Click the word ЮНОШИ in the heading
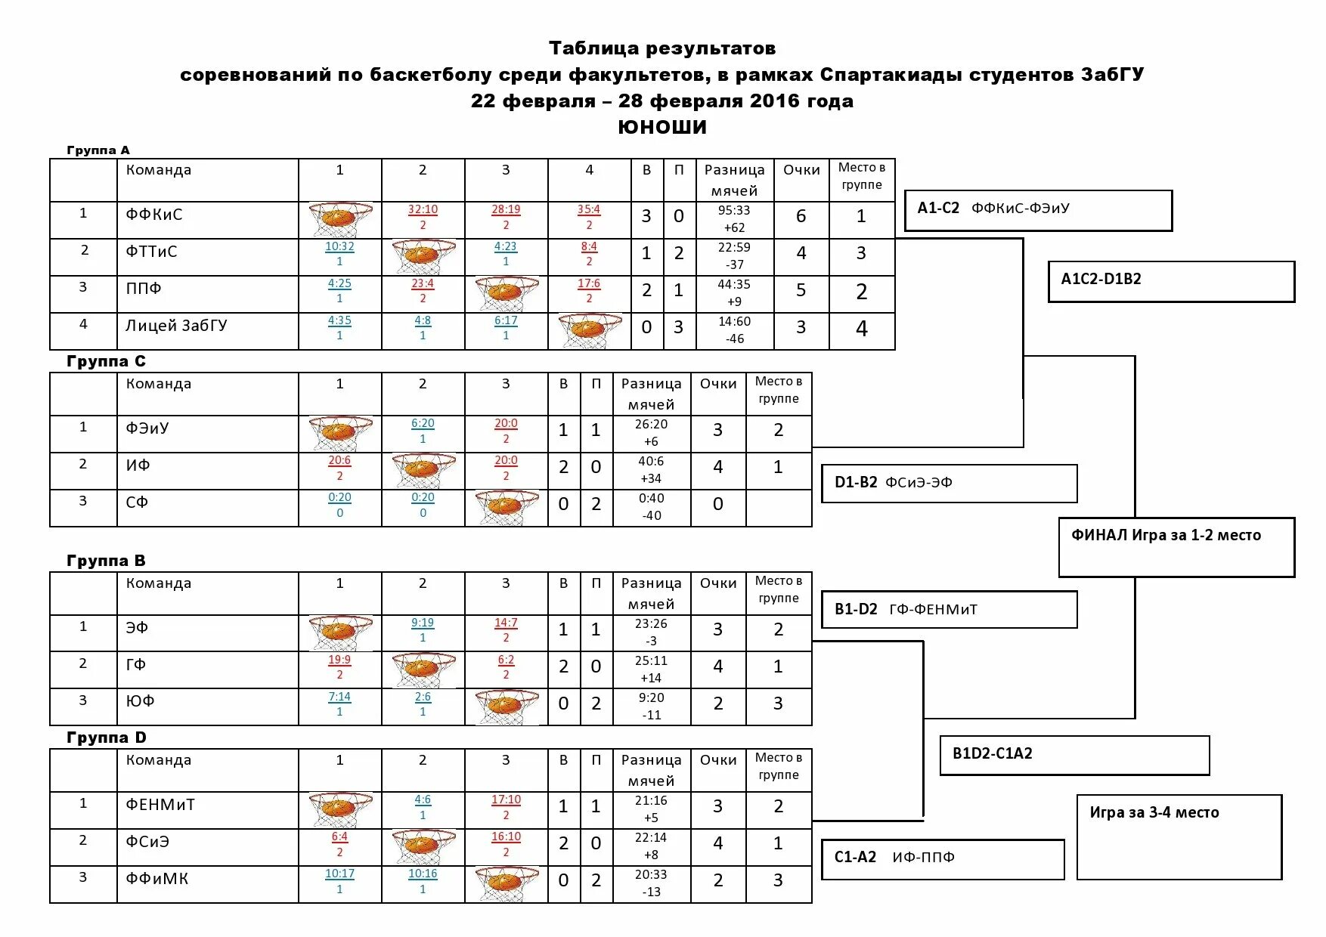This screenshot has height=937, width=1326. click(x=662, y=127)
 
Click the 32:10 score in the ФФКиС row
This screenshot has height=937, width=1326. click(x=423, y=210)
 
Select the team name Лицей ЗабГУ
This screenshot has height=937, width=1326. click(x=176, y=326)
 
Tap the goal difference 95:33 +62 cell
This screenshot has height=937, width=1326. click(x=734, y=219)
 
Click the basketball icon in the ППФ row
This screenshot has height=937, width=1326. click(x=506, y=293)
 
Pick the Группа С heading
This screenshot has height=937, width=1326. click(x=106, y=361)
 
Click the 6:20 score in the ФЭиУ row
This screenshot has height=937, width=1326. click(x=423, y=424)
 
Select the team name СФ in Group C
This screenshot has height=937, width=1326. click(x=137, y=503)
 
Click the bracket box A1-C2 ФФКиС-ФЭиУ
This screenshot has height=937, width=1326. click(x=1037, y=210)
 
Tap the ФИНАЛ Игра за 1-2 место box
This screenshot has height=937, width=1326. click(x=1176, y=547)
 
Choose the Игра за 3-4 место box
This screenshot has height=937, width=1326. click(x=1179, y=836)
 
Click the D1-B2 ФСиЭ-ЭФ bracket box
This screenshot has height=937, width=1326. click(x=949, y=484)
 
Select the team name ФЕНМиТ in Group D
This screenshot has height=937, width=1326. click(x=160, y=805)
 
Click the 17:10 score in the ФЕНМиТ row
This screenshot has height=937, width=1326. click(x=506, y=800)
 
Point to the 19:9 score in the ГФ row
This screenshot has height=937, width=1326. click(x=339, y=660)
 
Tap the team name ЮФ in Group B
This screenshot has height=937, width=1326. click(x=140, y=701)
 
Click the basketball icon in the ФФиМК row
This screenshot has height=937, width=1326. click(x=506, y=883)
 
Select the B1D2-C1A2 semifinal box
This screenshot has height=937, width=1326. click(x=1074, y=754)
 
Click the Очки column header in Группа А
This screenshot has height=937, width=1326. click(x=801, y=171)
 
